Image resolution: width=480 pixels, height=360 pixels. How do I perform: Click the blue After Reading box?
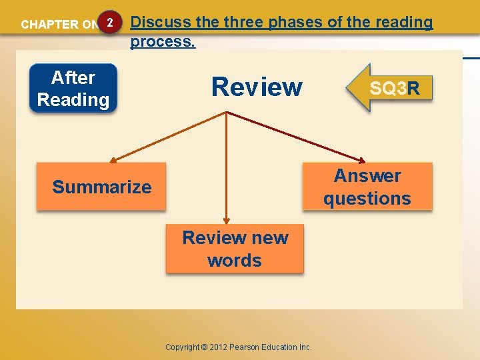73,88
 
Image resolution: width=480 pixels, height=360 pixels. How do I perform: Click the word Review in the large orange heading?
257,87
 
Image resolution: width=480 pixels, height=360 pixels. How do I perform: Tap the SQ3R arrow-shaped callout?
390,87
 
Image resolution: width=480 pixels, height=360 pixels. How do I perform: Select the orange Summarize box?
101,187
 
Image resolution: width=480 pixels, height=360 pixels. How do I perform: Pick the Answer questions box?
367,187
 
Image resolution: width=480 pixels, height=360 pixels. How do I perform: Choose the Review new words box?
235,249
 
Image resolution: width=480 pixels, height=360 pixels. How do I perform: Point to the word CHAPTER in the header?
49,25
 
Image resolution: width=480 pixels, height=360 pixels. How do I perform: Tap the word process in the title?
161,41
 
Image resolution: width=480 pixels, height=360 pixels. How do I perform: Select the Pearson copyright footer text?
239,347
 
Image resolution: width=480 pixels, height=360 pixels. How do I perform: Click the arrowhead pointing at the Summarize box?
113,161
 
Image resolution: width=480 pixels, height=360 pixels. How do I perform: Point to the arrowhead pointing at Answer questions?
362,161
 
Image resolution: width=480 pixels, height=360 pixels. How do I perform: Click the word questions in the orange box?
367,199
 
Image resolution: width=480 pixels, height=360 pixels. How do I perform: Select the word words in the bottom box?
235,261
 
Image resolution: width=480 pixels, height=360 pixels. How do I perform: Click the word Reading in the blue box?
73,100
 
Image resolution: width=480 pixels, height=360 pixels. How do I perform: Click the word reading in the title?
405,22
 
